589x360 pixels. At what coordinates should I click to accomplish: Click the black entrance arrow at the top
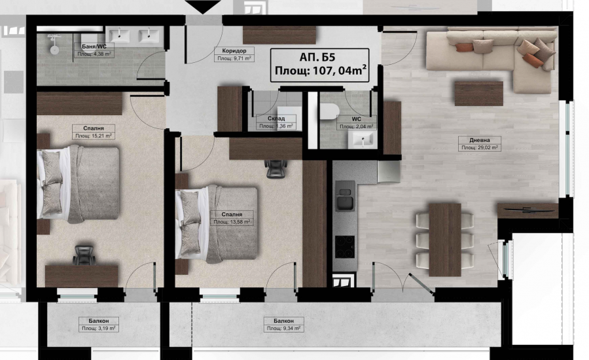(204, 7)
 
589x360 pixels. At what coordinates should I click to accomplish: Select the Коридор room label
(234, 51)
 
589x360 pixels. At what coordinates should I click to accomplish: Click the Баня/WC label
(94, 46)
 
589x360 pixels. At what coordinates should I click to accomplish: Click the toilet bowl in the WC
(329, 111)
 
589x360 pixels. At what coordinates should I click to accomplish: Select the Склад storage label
(276, 118)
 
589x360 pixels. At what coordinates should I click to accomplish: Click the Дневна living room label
(480, 140)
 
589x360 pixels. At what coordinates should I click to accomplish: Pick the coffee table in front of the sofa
(478, 94)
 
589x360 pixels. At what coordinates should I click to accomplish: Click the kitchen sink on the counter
(345, 196)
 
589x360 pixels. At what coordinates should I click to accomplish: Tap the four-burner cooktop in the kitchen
(345, 247)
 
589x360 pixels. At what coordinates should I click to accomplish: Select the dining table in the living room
(445, 240)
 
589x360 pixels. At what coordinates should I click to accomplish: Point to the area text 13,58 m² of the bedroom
(232, 222)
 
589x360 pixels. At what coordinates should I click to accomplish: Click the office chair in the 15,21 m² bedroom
(84, 255)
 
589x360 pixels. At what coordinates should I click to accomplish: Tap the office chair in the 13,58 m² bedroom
(276, 168)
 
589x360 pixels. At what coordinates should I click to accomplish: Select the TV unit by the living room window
(527, 211)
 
